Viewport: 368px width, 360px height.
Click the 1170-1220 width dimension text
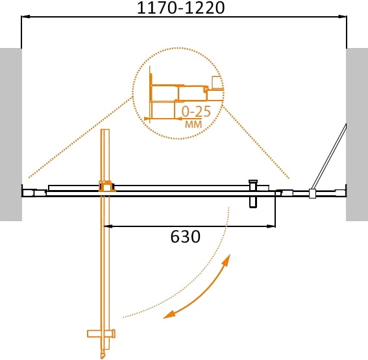click(x=184, y=8)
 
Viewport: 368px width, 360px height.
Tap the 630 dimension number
click(x=185, y=237)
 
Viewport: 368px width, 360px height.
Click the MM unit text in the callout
click(x=193, y=123)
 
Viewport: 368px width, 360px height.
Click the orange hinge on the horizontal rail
click(x=104, y=187)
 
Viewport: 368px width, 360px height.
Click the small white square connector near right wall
click(x=312, y=193)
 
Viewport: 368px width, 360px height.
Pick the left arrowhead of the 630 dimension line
click(x=108, y=226)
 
